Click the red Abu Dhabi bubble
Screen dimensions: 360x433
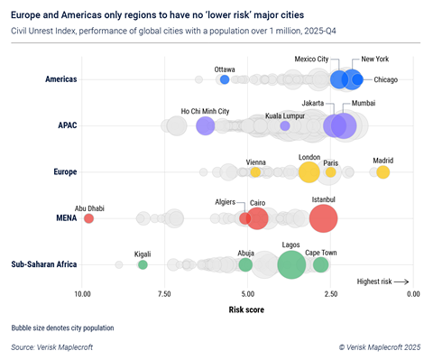(x=88, y=218)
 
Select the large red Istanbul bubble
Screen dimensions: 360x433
(x=323, y=218)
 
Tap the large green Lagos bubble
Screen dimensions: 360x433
(x=290, y=264)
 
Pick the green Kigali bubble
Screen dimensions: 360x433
(x=142, y=264)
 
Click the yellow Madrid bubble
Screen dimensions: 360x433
(x=382, y=172)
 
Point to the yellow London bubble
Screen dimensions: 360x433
(x=309, y=172)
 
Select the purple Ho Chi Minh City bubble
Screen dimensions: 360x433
(x=205, y=126)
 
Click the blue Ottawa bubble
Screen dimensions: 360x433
(x=225, y=80)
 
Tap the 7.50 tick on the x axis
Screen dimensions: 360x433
(x=165, y=294)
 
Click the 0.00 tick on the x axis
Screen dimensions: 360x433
(x=413, y=294)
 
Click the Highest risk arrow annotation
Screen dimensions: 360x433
(x=382, y=282)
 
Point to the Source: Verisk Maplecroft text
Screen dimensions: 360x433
(x=52, y=346)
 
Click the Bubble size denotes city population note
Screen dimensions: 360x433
(x=63, y=327)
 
